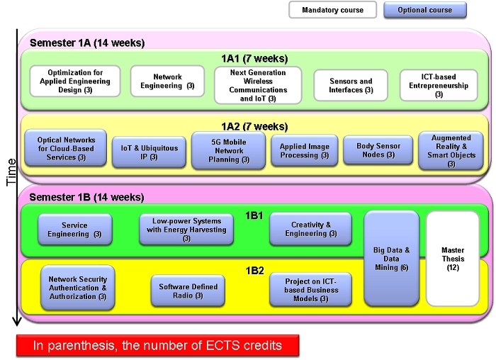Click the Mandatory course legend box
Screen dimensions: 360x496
[332, 10]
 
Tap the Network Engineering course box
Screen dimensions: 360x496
[167, 81]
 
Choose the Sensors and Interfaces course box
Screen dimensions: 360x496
[351, 86]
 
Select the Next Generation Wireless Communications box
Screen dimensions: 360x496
[258, 85]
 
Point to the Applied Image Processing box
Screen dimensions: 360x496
[304, 151]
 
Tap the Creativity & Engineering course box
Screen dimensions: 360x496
[311, 228]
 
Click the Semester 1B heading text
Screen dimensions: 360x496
[87, 196]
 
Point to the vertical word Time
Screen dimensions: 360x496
[11, 170]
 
